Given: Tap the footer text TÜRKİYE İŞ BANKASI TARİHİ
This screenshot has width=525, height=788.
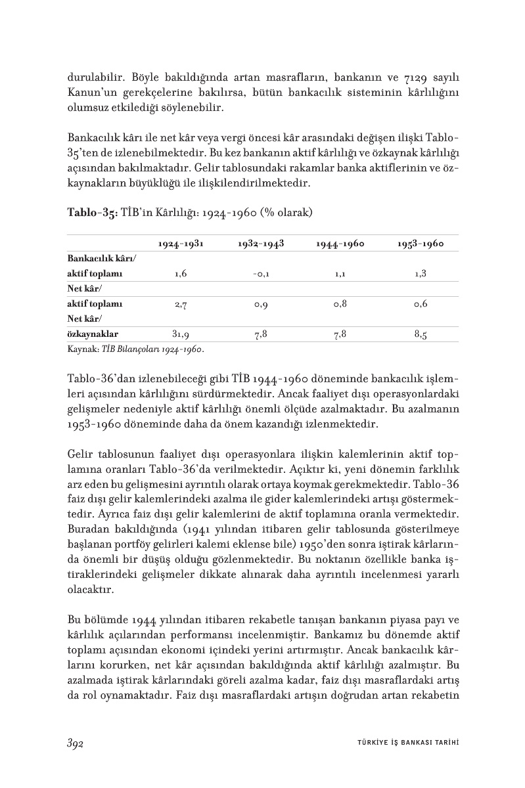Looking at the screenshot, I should coord(402,743).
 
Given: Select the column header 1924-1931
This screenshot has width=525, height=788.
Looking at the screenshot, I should coord(181,244).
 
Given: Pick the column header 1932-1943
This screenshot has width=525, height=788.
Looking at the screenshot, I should coord(260,244).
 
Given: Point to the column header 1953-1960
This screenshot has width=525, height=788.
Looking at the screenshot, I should coord(421,244).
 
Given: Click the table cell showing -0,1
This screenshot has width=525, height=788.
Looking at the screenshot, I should coord(260,274).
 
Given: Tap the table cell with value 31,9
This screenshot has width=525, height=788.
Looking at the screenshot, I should coord(181,334).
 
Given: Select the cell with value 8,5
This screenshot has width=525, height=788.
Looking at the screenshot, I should coord(421,334).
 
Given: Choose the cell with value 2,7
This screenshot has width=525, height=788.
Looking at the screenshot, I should coord(181,304).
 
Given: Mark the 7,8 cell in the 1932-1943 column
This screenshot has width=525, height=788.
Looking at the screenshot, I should coord(260,334).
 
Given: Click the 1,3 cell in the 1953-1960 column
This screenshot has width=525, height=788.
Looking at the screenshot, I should coord(421,274).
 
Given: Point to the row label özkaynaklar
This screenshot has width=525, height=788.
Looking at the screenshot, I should coord(93,334).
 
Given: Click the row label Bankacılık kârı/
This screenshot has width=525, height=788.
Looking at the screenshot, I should coord(102,259).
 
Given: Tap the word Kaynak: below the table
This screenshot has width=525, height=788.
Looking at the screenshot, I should coord(83,349).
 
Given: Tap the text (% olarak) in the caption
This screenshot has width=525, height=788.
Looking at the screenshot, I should coord(288,213).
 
